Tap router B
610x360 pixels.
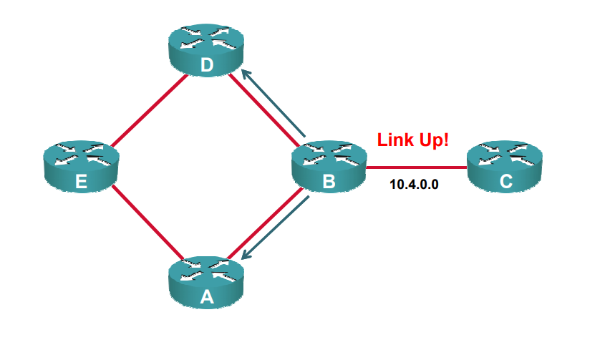(x=329, y=167)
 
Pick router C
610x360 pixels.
(x=505, y=167)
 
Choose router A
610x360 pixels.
(x=206, y=283)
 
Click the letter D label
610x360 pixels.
(x=206, y=67)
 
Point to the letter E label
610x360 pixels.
(x=81, y=183)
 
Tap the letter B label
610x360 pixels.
(x=329, y=183)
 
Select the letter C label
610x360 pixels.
(x=506, y=183)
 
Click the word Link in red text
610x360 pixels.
(x=394, y=140)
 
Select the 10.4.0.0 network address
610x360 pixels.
(x=414, y=184)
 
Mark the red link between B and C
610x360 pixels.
(x=415, y=168)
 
